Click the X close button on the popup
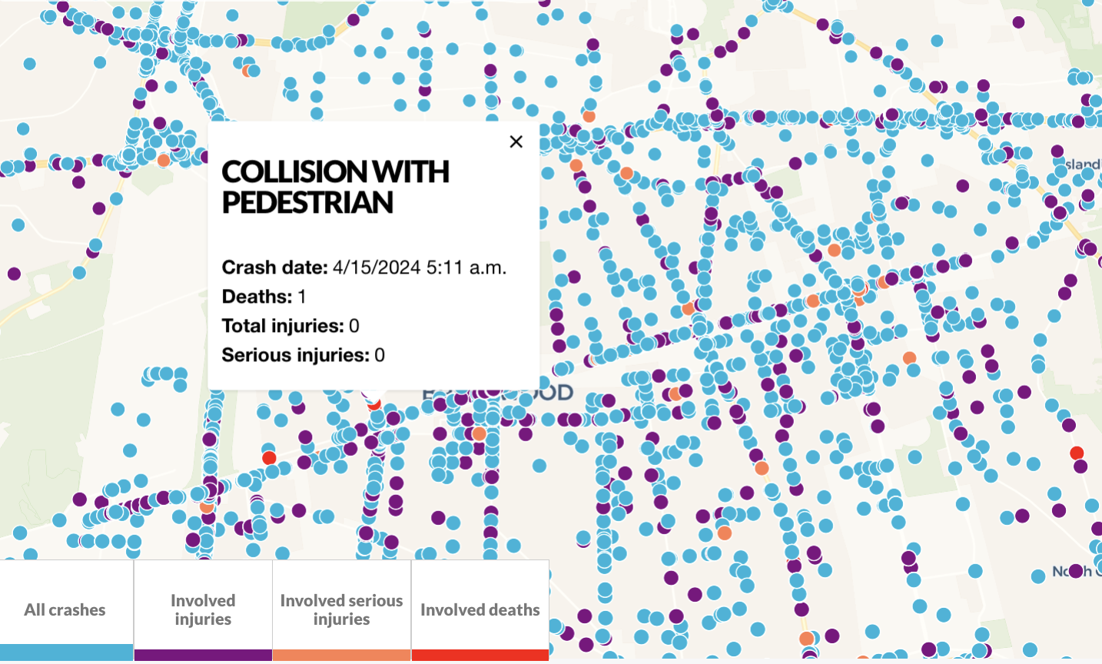pyautogui.click(x=516, y=141)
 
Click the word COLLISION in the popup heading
pyautogui.click(x=288, y=172)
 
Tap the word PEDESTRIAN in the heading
pyautogui.click(x=307, y=203)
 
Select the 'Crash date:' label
pyautogui.click(x=274, y=267)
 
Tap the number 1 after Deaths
pyautogui.click(x=302, y=297)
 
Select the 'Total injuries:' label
pyautogui.click(x=283, y=326)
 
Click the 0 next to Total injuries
pyautogui.click(x=354, y=326)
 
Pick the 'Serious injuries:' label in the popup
pyautogui.click(x=295, y=355)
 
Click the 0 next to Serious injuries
pyautogui.click(x=380, y=355)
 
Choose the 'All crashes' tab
pyautogui.click(x=65, y=609)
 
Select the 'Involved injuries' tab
pyautogui.click(x=203, y=609)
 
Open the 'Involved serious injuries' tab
pyautogui.click(x=341, y=609)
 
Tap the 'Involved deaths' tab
pyautogui.click(x=480, y=609)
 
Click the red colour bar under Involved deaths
pyautogui.click(x=480, y=656)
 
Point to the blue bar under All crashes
pyautogui.click(x=66, y=653)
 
